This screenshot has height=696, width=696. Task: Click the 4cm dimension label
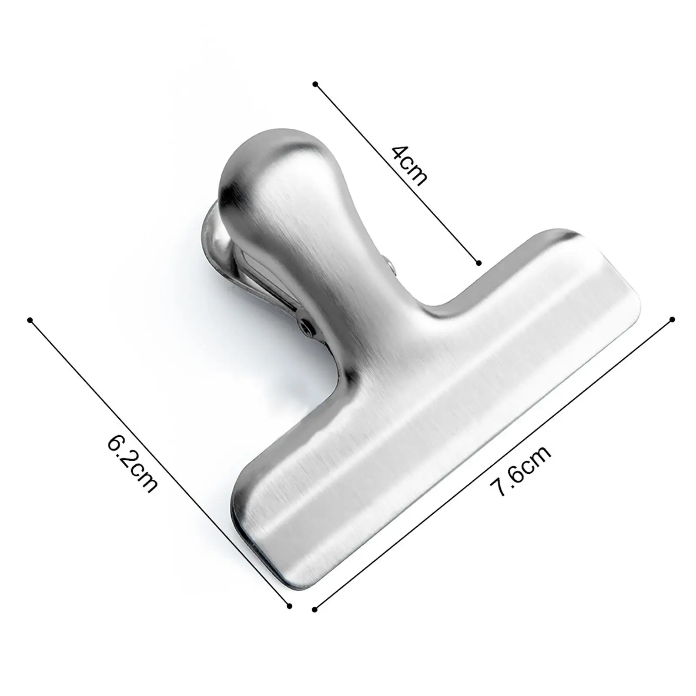pyautogui.click(x=409, y=165)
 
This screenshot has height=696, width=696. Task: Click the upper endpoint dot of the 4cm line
pyautogui.click(x=315, y=84)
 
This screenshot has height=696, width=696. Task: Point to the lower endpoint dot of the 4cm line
pyautogui.click(x=478, y=263)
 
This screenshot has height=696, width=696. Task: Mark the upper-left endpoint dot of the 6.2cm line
pyautogui.click(x=30, y=320)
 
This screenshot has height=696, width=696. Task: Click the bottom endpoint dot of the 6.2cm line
pyautogui.click(x=289, y=606)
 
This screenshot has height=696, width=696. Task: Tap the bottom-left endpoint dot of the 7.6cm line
pyautogui.click(x=315, y=609)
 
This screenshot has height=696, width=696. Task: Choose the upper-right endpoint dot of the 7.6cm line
pyautogui.click(x=672, y=319)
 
